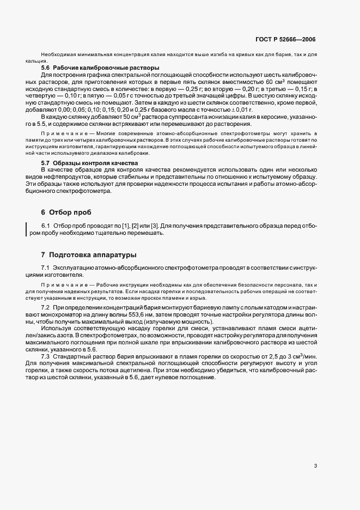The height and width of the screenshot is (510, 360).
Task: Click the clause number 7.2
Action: pyautogui.click(x=46, y=308)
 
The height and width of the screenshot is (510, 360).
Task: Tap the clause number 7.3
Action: pyautogui.click(x=46, y=355)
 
